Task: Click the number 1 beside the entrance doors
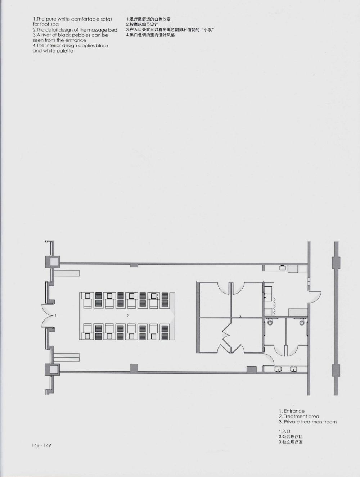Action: [x=56, y=315]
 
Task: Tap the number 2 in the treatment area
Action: [x=127, y=315]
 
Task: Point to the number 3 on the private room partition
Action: [x=240, y=317]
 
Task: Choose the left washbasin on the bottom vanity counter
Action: [x=278, y=369]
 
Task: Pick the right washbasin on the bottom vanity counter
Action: [x=294, y=369]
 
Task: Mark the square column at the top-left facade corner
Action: [x=53, y=262]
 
